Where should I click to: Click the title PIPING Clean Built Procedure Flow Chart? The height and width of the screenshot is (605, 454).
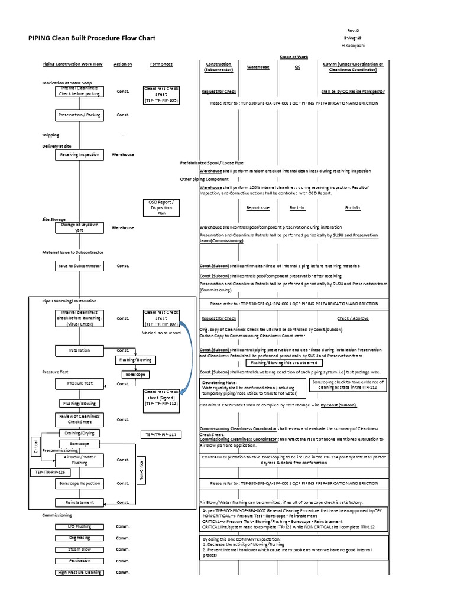[x=92, y=38]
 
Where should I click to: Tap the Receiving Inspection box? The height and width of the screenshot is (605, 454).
[x=80, y=155]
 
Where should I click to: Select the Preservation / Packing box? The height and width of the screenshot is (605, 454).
[x=80, y=115]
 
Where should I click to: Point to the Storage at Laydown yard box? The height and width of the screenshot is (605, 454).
[x=80, y=227]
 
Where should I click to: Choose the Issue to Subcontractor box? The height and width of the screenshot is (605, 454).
[x=80, y=266]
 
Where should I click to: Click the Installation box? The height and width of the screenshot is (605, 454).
[x=80, y=350]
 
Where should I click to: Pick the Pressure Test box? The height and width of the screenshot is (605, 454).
[x=80, y=383]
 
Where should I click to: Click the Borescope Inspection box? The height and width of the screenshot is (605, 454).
[x=80, y=483]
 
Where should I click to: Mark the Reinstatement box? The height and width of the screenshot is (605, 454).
[x=80, y=502]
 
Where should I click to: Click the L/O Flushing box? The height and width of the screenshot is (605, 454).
[x=80, y=526]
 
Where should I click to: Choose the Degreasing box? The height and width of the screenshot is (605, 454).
[x=80, y=538]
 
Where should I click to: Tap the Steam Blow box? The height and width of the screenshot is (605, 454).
[x=80, y=549]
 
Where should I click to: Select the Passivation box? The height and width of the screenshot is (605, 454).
[x=80, y=561]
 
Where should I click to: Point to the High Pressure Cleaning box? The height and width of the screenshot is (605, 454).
[x=80, y=572]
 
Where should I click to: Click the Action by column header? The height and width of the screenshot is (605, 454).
[x=123, y=64]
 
